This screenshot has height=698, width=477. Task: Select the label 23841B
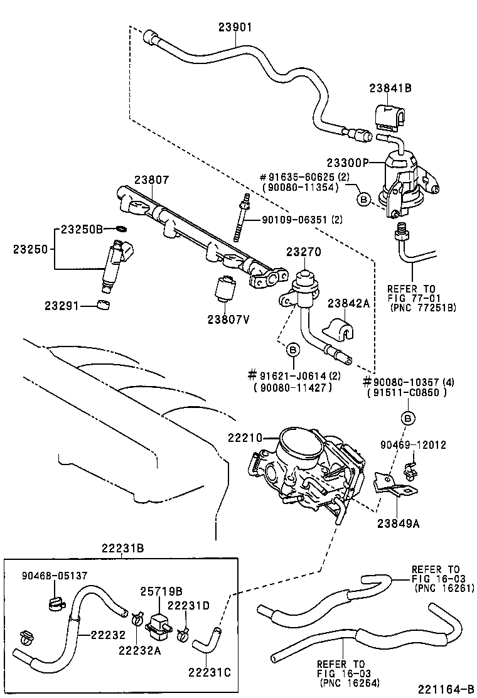click(390, 89)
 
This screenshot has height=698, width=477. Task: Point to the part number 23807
click(151, 180)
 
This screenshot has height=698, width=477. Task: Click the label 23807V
click(228, 319)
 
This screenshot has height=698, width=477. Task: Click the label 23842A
click(348, 303)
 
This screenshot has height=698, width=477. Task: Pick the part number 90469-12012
click(413, 445)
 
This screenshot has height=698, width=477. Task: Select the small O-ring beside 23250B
click(121, 229)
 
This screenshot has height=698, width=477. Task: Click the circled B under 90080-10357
click(407, 417)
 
